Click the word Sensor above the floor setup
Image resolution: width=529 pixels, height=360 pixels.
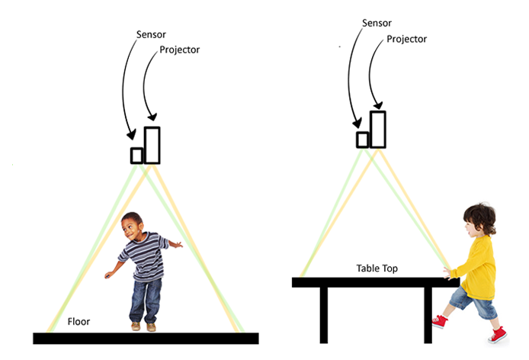[x=151, y=34]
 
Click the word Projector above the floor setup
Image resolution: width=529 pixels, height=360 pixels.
[x=179, y=50]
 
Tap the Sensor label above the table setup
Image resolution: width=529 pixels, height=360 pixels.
[x=377, y=23]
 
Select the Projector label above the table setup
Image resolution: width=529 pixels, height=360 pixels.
[x=406, y=39]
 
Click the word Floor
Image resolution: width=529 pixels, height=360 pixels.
[x=79, y=322]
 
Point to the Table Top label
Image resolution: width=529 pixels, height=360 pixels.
[x=377, y=268]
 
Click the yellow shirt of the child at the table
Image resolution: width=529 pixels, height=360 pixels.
[x=478, y=268]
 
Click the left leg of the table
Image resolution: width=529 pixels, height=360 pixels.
[x=324, y=316]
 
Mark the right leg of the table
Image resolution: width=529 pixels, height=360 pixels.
[x=428, y=316]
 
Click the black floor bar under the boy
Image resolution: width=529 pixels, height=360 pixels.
[x=146, y=339]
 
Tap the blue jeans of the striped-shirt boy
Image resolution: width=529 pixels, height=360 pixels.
[x=146, y=301]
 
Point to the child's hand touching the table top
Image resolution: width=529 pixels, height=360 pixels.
[x=447, y=272]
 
